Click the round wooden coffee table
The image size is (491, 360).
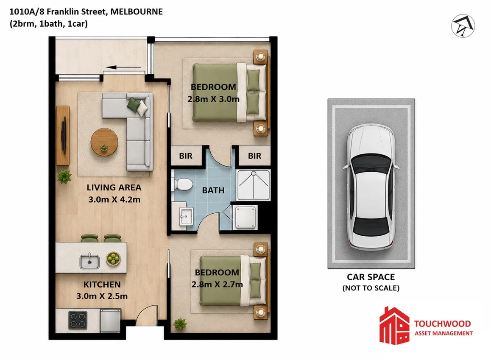click(104, 142)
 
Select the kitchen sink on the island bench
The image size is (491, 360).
click(89, 261)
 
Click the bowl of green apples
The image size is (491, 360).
click(113, 259)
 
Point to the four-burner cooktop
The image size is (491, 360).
click(78, 320)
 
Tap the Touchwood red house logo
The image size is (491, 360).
click(394, 326)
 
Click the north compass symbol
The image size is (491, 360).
click(463, 26)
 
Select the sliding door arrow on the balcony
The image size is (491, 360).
click(123, 67)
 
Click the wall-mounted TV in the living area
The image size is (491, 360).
click(64, 135)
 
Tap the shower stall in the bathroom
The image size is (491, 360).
click(254, 185)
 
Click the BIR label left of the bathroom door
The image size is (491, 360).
click(186, 156)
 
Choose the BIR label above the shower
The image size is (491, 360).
click(254, 156)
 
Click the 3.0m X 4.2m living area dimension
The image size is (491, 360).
click(114, 199)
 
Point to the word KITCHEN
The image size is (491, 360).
click(102, 285)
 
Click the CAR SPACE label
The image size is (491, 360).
click(371, 277)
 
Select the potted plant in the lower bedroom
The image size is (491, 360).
click(180, 324)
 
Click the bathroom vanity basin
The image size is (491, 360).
click(186, 216)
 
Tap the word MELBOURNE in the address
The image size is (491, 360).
click(137, 12)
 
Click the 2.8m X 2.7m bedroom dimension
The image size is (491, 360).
click(217, 284)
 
